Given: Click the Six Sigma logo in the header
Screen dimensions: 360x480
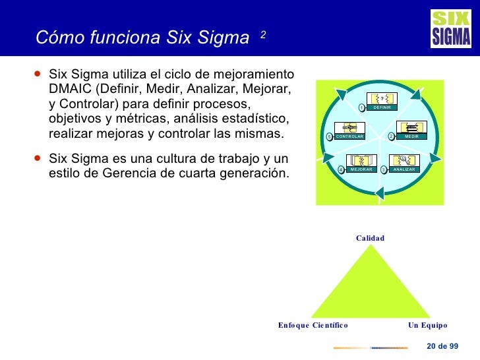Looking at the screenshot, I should tap(451, 29).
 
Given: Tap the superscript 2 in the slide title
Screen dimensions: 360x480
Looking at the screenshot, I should tap(262, 34).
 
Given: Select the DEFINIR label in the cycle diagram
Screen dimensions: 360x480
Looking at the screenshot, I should tap(382, 107).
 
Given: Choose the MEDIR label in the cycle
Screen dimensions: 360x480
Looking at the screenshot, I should tap(412, 136).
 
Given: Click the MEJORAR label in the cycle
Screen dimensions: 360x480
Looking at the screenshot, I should tap(361, 169).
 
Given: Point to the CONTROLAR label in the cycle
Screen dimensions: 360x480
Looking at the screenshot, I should tap(350, 136).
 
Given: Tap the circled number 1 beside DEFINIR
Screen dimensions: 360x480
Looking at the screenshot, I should tap(361, 107).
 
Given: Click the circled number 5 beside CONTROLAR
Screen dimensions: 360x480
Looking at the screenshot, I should tap(330, 137).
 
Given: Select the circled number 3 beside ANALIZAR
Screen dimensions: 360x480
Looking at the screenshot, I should tap(384, 169).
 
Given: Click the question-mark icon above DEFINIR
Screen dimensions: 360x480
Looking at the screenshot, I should tap(382, 98).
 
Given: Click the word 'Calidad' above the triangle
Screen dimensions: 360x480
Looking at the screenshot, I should tap(370, 238).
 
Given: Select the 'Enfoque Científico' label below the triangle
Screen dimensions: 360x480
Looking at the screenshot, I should tap(313, 325).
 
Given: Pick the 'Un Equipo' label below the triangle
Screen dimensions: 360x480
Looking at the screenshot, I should tap(427, 325).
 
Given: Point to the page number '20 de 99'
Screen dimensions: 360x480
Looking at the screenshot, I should tap(442, 347).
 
